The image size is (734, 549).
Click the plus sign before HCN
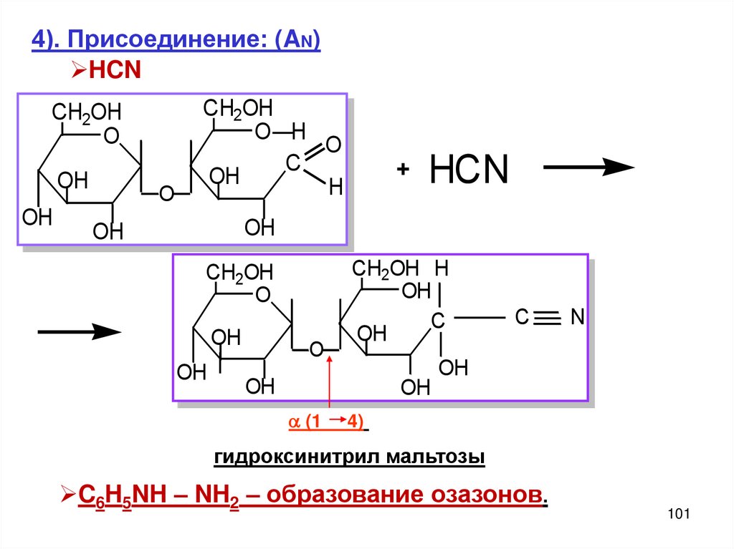(x=403, y=171)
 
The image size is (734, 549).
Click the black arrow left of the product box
(x=78, y=331)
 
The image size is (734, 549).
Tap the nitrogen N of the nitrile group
(x=578, y=317)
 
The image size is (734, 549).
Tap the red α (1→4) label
(x=327, y=422)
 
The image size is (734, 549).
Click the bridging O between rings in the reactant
(x=166, y=193)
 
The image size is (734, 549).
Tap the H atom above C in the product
(x=441, y=269)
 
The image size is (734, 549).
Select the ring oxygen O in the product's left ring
(x=263, y=295)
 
